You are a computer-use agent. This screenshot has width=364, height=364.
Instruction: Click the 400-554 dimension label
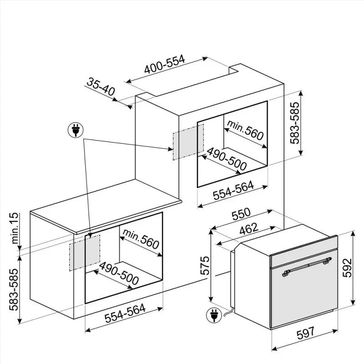point(165,64)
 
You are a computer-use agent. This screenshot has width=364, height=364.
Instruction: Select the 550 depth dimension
point(242,214)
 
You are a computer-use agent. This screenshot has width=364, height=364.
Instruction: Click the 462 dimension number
point(248,229)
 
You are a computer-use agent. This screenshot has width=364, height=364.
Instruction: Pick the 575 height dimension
point(205,266)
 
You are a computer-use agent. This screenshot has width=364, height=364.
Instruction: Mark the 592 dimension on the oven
point(347,268)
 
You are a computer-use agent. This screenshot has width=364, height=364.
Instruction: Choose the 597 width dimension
point(305,334)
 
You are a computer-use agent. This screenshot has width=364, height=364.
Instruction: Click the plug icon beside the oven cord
point(214,315)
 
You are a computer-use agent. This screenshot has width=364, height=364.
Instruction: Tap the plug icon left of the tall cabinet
point(76,130)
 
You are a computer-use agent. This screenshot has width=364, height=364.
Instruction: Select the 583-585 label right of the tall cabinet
point(295,123)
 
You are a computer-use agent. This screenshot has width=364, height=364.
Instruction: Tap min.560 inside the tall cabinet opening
point(245,130)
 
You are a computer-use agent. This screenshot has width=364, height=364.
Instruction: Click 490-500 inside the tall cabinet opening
point(226,159)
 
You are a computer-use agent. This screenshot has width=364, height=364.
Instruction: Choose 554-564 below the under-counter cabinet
point(125,313)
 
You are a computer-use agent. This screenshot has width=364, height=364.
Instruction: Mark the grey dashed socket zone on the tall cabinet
point(188,142)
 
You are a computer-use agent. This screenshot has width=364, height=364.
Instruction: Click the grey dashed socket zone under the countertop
point(85,253)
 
